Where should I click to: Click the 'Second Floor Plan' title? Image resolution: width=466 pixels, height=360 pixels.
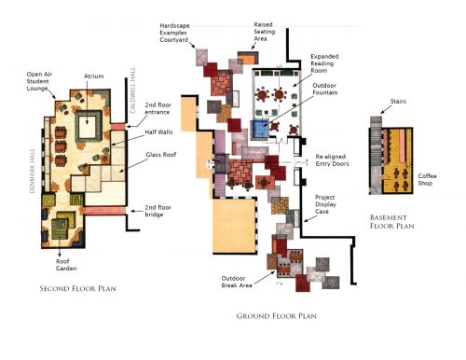tap(77, 288)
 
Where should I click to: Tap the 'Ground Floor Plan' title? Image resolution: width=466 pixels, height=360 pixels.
tap(276, 316)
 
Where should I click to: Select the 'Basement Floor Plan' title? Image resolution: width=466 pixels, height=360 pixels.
tap(391, 222)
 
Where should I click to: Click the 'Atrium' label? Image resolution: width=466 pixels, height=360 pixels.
tap(94, 76)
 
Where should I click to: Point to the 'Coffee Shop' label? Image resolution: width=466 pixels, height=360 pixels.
tap(427, 180)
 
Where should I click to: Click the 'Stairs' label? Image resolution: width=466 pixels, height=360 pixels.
tap(398, 102)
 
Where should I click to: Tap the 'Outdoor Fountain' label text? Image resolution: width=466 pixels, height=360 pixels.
tap(324, 89)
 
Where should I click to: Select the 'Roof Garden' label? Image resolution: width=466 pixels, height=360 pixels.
tap(66, 265)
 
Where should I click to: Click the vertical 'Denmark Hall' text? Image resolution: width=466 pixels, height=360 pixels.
tap(33, 171)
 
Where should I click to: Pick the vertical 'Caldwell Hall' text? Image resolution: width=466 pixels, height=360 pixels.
tap(133, 90)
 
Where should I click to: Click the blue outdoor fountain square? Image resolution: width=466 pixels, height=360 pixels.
tap(260, 130)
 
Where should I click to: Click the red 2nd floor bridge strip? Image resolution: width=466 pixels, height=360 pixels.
tap(105, 211)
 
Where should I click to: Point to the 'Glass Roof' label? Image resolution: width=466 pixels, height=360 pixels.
tap(161, 155)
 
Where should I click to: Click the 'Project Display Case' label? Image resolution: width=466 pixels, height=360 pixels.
tap(325, 204)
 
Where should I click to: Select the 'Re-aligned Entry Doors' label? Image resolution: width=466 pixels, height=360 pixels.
tap(332, 160)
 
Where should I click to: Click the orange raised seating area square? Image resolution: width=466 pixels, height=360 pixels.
tap(248, 59)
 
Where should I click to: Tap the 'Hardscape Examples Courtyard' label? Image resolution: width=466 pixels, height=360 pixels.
tap(174, 33)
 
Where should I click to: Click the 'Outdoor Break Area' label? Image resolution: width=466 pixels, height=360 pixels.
tap(237, 282)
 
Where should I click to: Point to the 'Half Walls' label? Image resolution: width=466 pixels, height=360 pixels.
tap(158, 132)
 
